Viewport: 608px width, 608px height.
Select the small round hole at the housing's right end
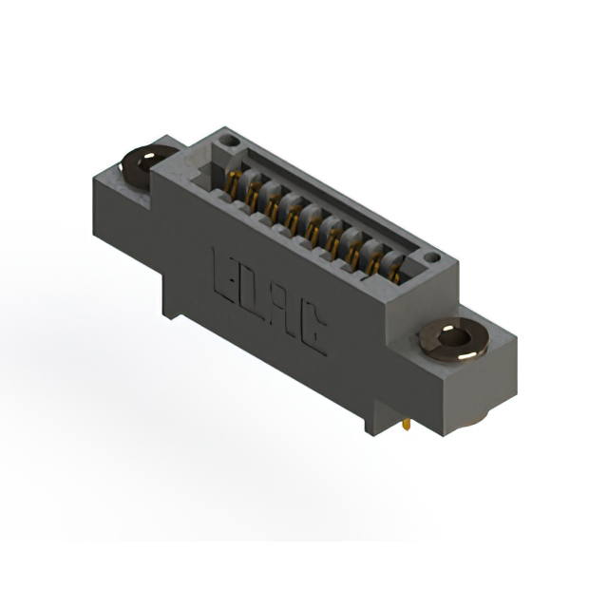point(430,256)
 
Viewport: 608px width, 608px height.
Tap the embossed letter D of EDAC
point(251,291)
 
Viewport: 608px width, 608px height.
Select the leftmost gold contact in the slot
point(232,183)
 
